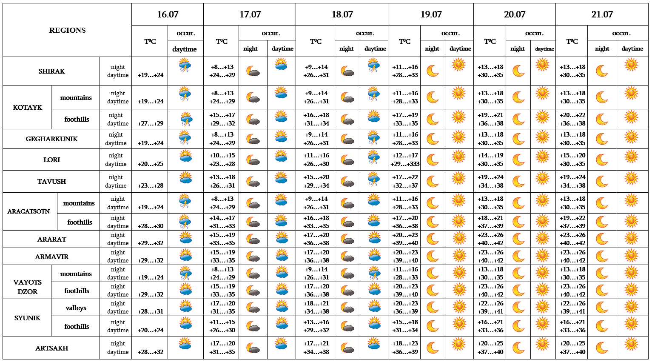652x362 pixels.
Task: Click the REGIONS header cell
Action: coord(67,30)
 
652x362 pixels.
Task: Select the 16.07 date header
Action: coord(168,14)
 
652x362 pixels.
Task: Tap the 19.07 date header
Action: coord(431,14)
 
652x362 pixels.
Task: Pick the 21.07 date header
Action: coord(602,14)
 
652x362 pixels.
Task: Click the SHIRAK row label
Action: coord(51,71)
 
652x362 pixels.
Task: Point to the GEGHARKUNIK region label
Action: coord(51,139)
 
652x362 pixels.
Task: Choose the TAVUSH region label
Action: coord(51,182)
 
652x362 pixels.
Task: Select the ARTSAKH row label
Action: coord(51,348)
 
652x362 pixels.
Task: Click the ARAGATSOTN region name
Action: coord(28,211)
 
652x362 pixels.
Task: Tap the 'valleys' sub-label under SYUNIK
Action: coord(76,308)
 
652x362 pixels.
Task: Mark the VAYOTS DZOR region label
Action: coord(27,287)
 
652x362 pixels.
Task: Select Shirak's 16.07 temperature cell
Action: coord(150,75)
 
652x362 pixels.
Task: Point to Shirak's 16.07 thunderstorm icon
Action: coord(185,66)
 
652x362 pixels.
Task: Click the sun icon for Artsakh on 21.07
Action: coord(631,344)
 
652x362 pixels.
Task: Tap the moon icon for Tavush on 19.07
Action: coord(432,181)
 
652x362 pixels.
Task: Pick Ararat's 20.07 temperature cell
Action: coord(490,239)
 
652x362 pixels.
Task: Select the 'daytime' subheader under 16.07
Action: coord(185,49)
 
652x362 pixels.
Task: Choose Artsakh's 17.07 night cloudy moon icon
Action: coord(253,348)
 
